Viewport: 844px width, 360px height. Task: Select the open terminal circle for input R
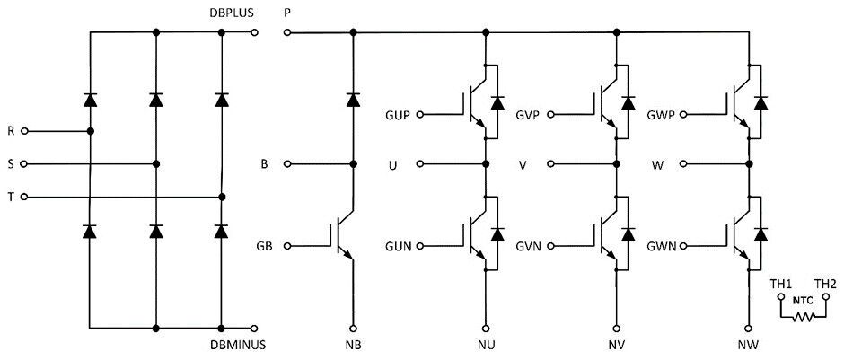pos(24,131)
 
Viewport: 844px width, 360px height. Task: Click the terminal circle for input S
pos(24,164)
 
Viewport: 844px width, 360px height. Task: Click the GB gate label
pos(265,245)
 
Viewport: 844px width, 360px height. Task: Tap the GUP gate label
pos(399,116)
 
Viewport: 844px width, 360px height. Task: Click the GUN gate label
pos(399,245)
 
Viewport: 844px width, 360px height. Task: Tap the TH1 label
pos(780,284)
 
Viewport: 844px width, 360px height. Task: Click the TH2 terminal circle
pos(827,296)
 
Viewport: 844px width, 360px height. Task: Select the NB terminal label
pos(353,345)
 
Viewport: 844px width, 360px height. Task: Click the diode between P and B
pos(353,99)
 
